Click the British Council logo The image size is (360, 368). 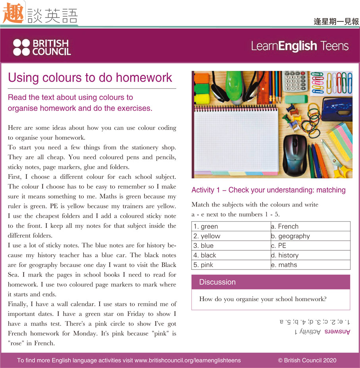point(42,47)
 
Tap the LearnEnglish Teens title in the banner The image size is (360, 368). point(300,46)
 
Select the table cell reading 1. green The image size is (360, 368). point(231,227)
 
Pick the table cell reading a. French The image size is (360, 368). point(310,227)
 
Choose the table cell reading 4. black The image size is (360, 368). point(231,255)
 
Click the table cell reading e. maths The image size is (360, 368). point(310,265)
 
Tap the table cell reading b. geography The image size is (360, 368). point(310,236)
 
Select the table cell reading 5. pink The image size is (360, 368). point(231,265)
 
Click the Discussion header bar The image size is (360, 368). point(271,282)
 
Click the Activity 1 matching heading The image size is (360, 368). point(268,190)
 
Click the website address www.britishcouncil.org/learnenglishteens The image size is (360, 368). point(188,360)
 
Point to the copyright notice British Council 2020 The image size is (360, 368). point(307,360)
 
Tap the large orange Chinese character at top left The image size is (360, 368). point(13,14)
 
